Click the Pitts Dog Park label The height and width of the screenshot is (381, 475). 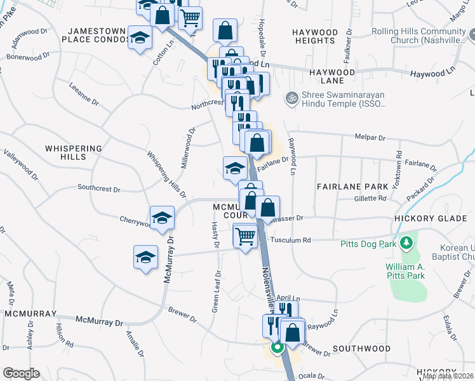(x=368, y=243)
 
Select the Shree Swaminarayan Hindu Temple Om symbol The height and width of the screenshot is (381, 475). (x=292, y=98)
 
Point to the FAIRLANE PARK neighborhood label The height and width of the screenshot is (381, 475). (x=353, y=187)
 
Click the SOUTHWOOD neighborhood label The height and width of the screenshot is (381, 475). (x=361, y=349)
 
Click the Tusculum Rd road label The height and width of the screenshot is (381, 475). (x=290, y=240)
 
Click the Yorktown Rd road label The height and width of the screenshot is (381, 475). (x=399, y=163)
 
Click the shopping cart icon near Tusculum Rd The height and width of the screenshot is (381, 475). (x=245, y=236)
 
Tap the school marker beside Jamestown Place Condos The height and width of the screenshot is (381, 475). (x=140, y=37)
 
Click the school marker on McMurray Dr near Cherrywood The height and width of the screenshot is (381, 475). (x=162, y=217)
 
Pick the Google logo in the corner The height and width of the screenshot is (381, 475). (x=20, y=373)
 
